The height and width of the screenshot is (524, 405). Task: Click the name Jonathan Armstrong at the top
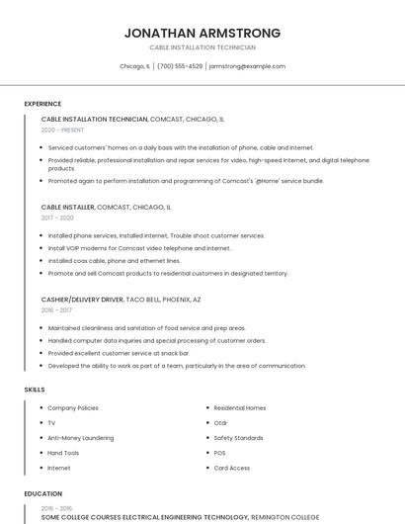(x=202, y=33)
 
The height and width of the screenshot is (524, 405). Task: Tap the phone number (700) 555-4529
(x=180, y=66)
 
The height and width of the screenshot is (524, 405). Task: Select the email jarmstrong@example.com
(x=247, y=66)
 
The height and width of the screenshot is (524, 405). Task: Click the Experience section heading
(x=42, y=104)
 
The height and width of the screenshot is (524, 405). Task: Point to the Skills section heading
(x=35, y=390)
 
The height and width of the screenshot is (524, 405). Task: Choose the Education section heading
(x=42, y=493)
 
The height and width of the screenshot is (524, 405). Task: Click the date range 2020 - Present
(x=62, y=130)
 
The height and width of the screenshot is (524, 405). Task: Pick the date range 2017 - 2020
(x=57, y=218)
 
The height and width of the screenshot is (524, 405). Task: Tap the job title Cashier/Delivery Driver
(x=82, y=299)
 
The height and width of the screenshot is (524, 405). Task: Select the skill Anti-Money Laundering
(x=81, y=437)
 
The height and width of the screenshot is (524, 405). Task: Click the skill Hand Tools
(x=63, y=452)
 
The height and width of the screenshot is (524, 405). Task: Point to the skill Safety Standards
(x=238, y=437)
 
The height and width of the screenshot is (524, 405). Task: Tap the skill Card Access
(x=231, y=468)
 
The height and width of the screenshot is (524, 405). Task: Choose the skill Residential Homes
(x=240, y=407)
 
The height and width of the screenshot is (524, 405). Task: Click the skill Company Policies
(x=73, y=407)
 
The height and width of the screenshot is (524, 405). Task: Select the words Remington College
(x=285, y=516)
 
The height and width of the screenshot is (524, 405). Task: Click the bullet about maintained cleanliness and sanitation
(x=146, y=327)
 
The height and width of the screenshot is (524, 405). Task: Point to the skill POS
(x=219, y=452)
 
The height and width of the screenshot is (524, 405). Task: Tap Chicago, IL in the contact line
(x=134, y=66)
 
